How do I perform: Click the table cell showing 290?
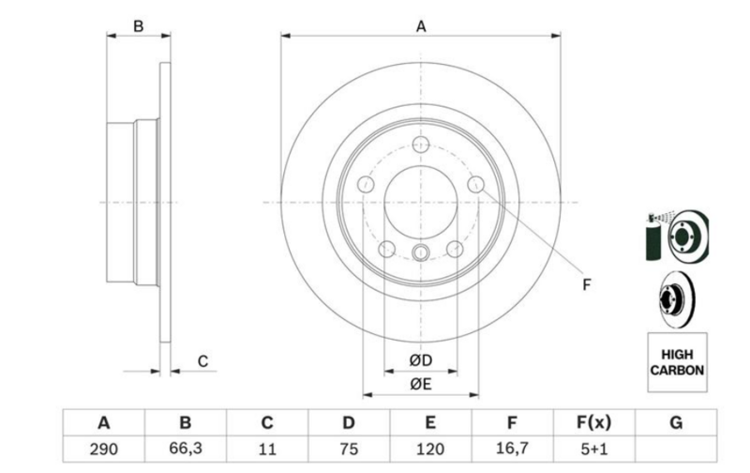pyautogui.click(x=104, y=449)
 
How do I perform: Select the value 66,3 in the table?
pyautogui.click(x=186, y=449)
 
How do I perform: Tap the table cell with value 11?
pyautogui.click(x=267, y=449)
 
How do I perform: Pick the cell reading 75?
pyautogui.click(x=349, y=449)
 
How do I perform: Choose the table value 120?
pyautogui.click(x=430, y=449)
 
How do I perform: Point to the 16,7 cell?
pyautogui.click(x=512, y=449)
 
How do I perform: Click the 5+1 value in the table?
pyautogui.click(x=594, y=449)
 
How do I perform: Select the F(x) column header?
pyautogui.click(x=594, y=422)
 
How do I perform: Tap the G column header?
pyautogui.click(x=676, y=422)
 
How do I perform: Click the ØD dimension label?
pyautogui.click(x=421, y=360)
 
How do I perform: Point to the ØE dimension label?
pyautogui.click(x=421, y=384)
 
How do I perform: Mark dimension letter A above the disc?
pyautogui.click(x=421, y=26)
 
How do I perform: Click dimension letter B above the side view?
pyautogui.click(x=138, y=26)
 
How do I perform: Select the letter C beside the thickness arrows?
pyautogui.click(x=202, y=361)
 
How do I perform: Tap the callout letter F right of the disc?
pyautogui.click(x=587, y=285)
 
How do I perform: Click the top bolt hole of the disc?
pyautogui.click(x=421, y=144)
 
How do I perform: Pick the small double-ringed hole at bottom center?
pyautogui.click(x=421, y=252)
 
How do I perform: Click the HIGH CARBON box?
pyautogui.click(x=677, y=362)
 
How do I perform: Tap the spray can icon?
pyautogui.click(x=653, y=238)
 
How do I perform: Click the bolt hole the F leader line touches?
pyautogui.click(x=475, y=184)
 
